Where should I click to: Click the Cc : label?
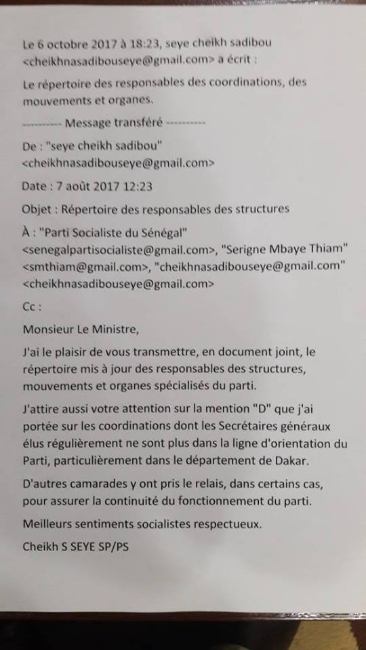pyautogui.click(x=32, y=307)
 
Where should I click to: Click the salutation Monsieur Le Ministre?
pyautogui.click(x=80, y=330)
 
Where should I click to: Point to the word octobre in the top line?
pyautogui.click(x=68, y=44)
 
